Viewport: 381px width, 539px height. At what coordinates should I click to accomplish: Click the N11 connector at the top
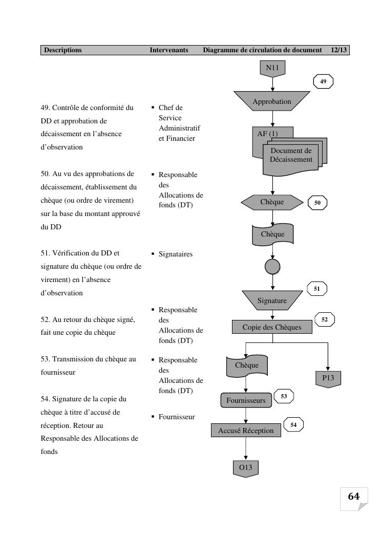[x=272, y=68]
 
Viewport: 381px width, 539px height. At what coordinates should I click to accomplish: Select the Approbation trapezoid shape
[x=272, y=101]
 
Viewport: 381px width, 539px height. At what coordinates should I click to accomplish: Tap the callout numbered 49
[x=323, y=81]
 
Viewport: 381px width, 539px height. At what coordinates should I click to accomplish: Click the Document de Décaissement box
[x=291, y=156]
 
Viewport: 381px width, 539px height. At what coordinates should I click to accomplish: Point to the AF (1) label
[x=267, y=134]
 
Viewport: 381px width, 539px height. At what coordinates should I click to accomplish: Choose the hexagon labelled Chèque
[x=272, y=202]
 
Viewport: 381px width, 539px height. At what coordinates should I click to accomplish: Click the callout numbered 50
[x=317, y=203]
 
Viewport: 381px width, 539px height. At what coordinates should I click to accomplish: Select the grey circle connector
[x=272, y=266]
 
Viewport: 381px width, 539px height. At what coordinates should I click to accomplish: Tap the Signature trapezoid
[x=272, y=300]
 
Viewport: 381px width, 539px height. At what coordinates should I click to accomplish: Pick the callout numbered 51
[x=317, y=289]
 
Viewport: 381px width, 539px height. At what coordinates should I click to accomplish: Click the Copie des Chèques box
[x=272, y=327]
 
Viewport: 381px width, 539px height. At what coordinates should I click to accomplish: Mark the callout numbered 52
[x=325, y=319]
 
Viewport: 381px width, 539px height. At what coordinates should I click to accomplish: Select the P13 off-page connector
[x=328, y=379]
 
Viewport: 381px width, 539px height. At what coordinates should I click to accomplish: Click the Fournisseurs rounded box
[x=246, y=400]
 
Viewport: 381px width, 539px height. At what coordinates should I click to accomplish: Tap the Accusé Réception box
[x=246, y=430]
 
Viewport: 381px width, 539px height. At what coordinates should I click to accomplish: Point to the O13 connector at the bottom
[x=246, y=468]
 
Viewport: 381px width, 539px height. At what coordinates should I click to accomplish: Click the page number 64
[x=354, y=497]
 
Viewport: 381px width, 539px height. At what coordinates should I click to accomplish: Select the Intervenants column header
[x=169, y=50]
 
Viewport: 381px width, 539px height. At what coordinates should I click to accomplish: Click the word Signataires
[x=176, y=254]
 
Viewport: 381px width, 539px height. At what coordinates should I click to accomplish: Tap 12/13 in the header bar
[x=339, y=50]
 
